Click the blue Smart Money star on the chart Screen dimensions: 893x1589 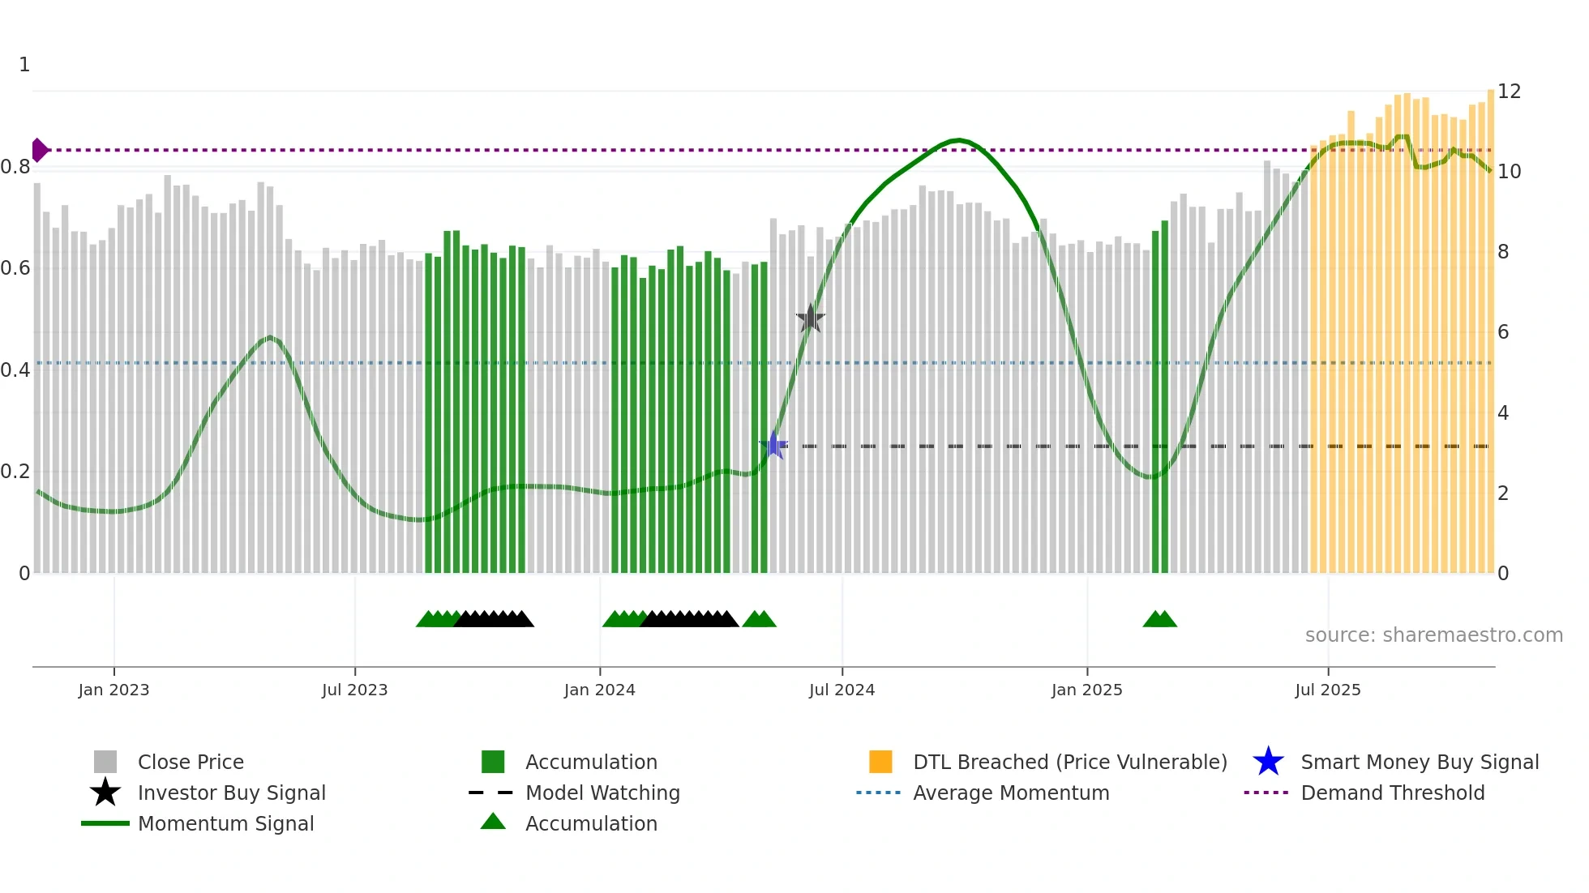point(774,445)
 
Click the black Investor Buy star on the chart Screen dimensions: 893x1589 point(810,318)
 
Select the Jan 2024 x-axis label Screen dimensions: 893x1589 point(599,690)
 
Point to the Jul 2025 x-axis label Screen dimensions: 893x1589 point(1327,690)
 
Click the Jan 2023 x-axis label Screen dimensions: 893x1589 point(113,690)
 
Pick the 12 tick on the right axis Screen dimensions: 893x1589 point(1509,91)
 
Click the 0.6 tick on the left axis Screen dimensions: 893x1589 point(15,268)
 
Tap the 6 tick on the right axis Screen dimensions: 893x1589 point(1503,331)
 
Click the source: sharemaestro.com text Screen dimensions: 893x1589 point(1433,634)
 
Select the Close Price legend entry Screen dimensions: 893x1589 point(191,762)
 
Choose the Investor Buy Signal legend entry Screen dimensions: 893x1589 point(231,793)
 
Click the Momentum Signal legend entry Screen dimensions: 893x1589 point(225,823)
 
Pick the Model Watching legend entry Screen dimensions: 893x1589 point(602,793)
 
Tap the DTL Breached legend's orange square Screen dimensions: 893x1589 point(880,762)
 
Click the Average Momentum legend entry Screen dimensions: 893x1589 point(1011,793)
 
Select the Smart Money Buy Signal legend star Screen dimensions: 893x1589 point(1268,762)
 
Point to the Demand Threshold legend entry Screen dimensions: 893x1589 point(1392,793)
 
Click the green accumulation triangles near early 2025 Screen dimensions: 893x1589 point(1159,619)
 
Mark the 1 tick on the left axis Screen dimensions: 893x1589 point(24,65)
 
